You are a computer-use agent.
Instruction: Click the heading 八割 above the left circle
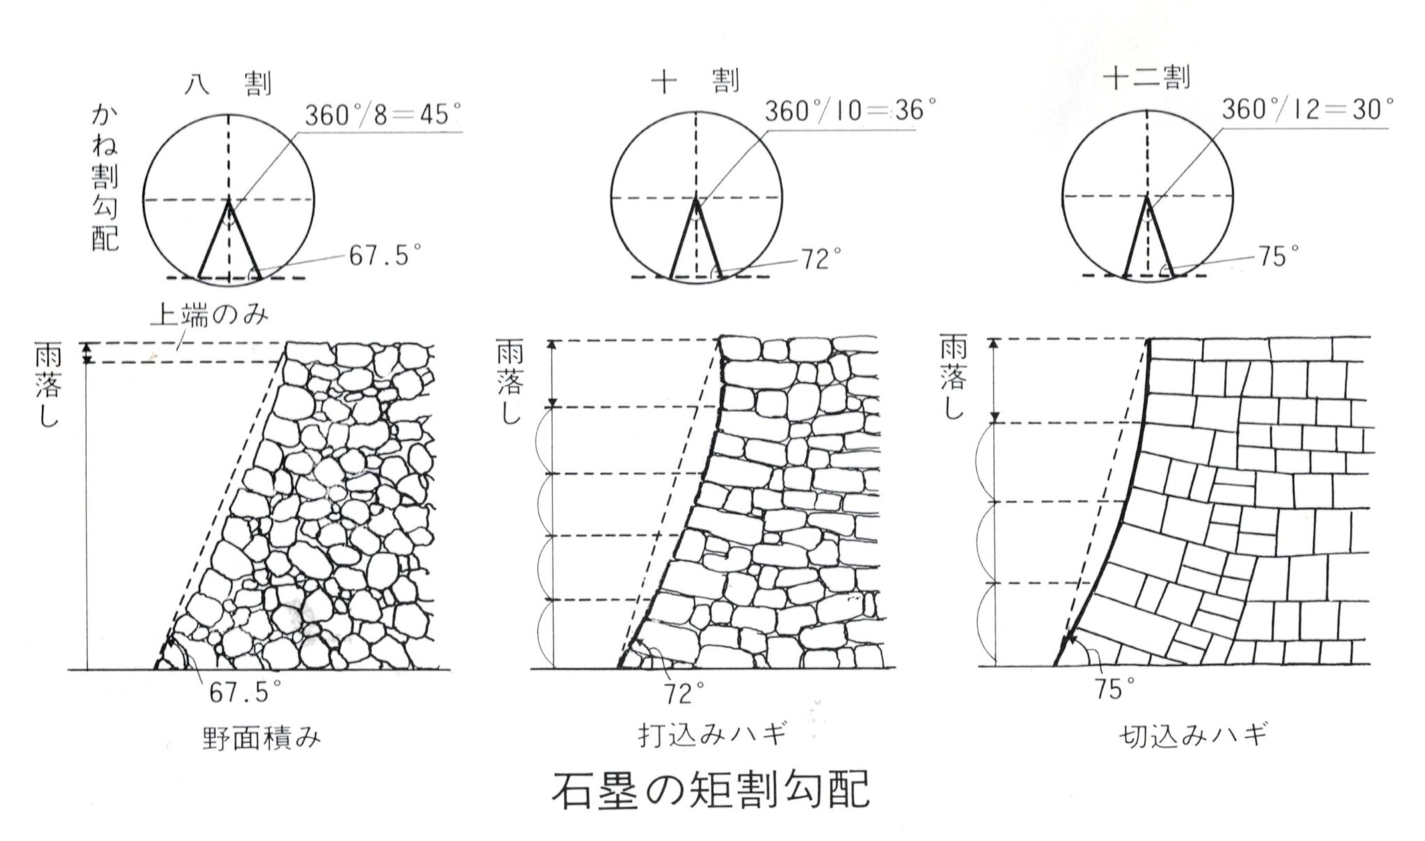(228, 84)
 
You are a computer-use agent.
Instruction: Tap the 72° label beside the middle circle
(822, 260)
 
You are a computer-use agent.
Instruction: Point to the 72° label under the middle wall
(683, 693)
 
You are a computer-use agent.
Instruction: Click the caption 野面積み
(262, 738)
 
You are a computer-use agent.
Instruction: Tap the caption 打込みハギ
(712, 736)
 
